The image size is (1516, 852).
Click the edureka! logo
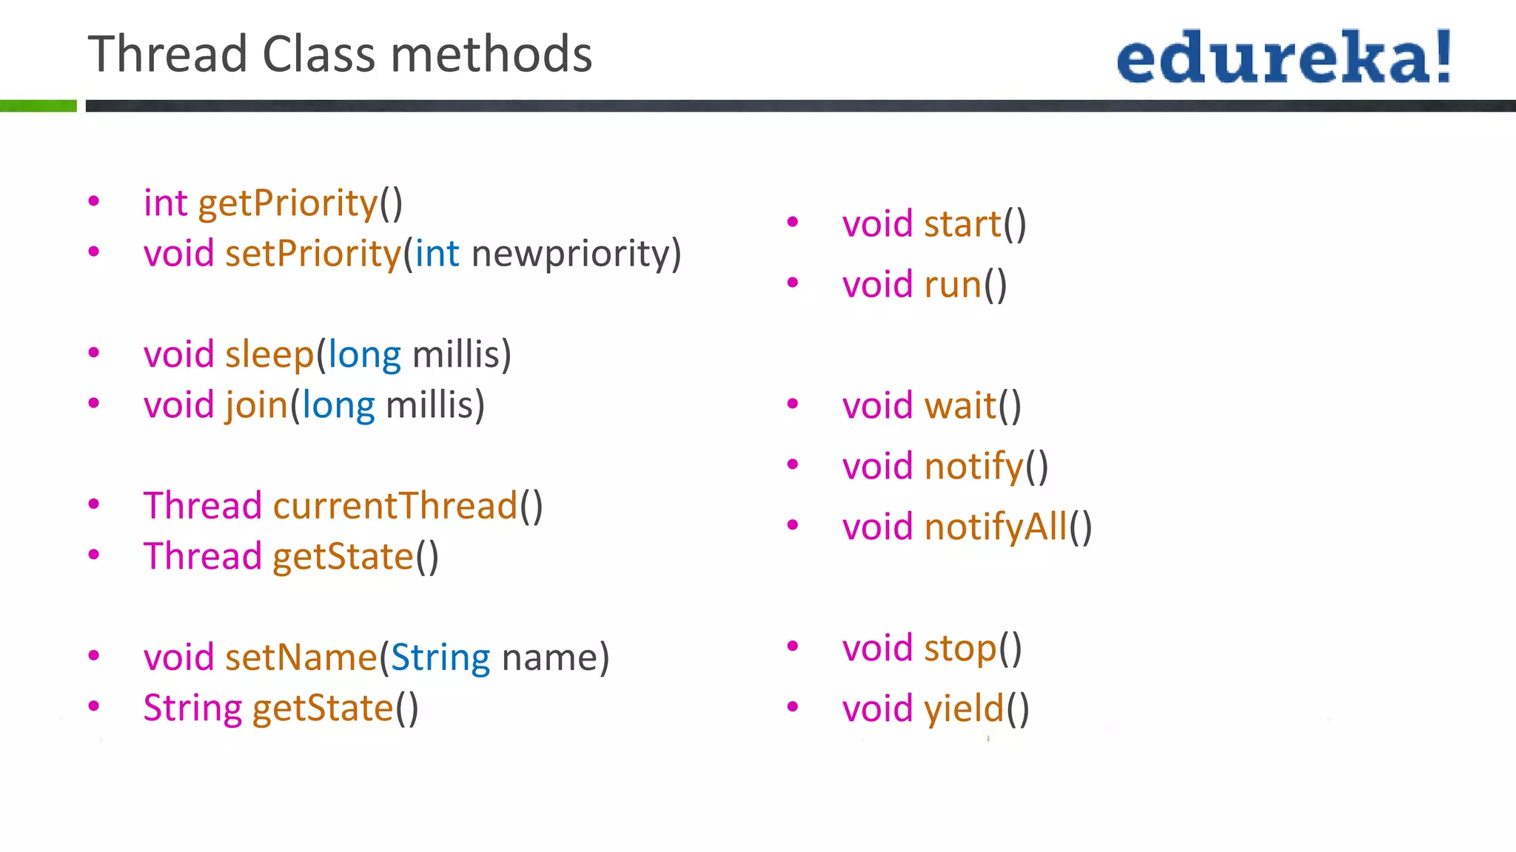(1284, 58)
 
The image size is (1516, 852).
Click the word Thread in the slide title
(167, 55)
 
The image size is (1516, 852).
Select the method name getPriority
(288, 203)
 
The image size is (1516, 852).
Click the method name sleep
(269, 355)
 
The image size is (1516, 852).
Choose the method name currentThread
(395, 507)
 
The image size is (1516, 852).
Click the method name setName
(301, 657)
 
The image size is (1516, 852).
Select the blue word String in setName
(440, 657)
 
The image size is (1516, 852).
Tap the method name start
(962, 224)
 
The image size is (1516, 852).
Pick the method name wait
(960, 406)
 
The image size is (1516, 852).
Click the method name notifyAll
(996, 527)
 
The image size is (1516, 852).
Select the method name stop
(960, 649)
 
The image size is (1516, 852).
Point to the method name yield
(964, 709)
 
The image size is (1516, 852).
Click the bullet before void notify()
(793, 464)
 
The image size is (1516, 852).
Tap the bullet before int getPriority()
(94, 201)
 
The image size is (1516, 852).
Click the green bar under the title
(38, 106)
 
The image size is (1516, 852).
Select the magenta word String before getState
(192, 709)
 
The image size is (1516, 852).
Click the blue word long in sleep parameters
(364, 355)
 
